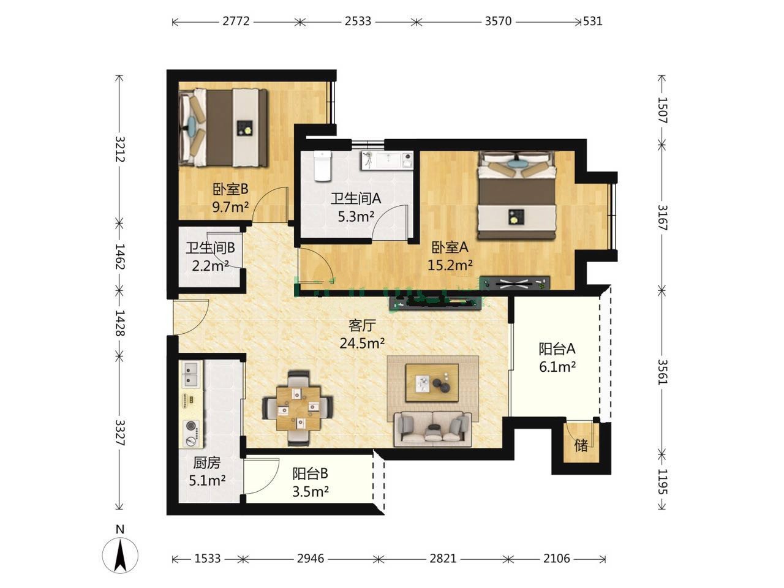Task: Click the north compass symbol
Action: point(120,555)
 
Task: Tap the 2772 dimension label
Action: point(236,21)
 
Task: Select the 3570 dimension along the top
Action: point(498,21)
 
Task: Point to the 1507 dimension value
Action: point(663,110)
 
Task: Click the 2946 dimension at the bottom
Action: point(311,558)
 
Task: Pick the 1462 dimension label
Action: point(120,257)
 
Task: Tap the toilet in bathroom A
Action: point(323,165)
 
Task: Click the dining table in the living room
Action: point(298,409)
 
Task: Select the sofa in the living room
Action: point(432,429)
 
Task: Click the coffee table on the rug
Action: point(432,383)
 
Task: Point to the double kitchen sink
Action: point(192,374)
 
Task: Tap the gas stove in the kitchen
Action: point(192,433)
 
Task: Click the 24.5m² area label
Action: point(362,344)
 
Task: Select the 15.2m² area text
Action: point(450,265)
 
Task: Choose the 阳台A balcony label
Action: point(557,349)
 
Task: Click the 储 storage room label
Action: point(581,445)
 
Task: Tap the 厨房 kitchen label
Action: point(207,463)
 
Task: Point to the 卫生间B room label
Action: point(210,247)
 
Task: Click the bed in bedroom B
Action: point(223,128)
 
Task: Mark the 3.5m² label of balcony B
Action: point(311,492)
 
